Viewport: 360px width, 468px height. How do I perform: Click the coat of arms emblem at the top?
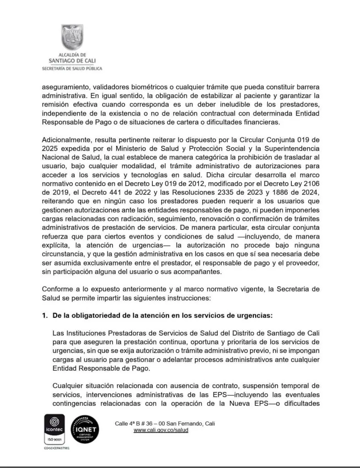tap(72, 38)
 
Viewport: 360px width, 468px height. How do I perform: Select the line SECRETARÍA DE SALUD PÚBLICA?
tap(72, 68)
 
